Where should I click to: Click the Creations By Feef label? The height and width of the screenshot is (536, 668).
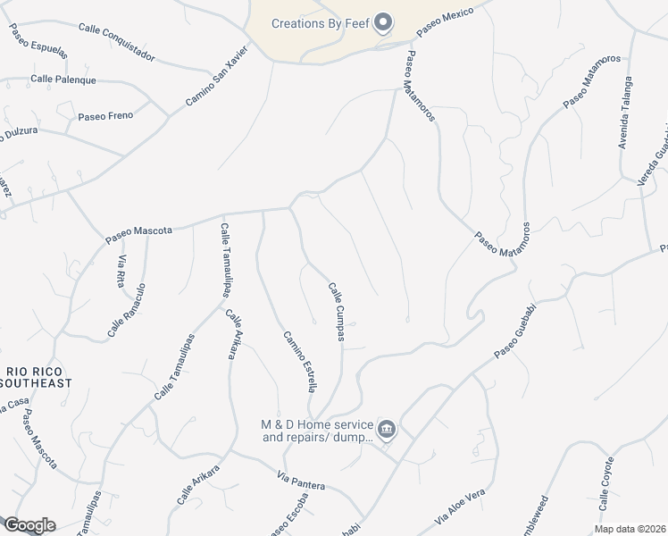coord(321,22)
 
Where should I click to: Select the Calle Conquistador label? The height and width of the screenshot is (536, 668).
coord(116,42)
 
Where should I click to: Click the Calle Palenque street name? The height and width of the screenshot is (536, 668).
coord(63,80)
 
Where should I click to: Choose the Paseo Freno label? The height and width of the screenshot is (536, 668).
coord(104,116)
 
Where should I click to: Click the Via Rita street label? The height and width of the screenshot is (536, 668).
coord(124,271)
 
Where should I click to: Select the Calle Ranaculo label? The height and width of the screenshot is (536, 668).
coord(127,310)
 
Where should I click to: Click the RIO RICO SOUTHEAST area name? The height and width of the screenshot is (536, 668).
coord(37,376)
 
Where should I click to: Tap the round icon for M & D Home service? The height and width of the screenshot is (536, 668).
coord(387,431)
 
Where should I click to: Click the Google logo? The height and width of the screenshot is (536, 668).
coord(29,525)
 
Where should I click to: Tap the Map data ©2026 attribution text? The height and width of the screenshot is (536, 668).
coord(630,529)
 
